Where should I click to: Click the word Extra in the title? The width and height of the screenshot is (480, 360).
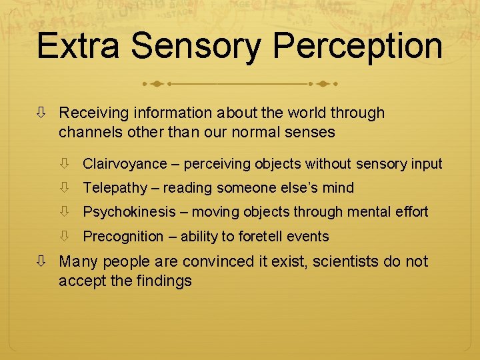tap(79, 46)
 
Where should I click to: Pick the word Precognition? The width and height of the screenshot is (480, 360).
tap(123, 236)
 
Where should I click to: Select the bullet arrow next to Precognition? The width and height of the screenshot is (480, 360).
tap(65, 236)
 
